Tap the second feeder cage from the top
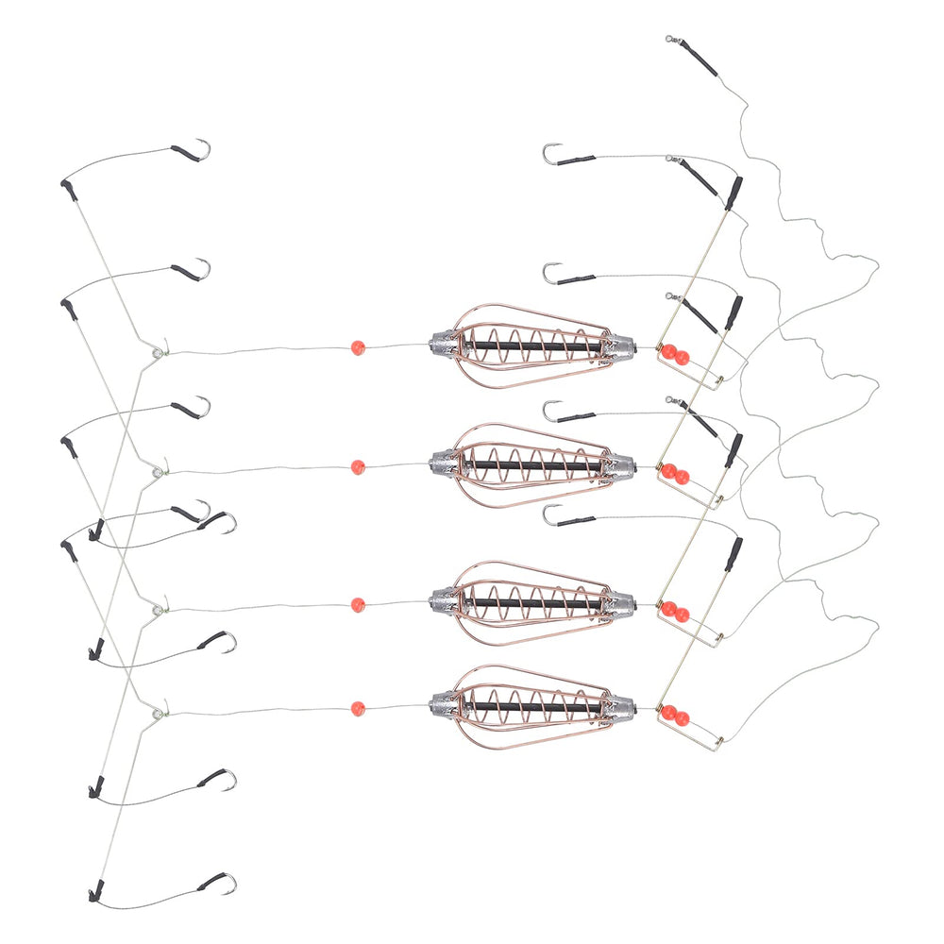click(x=529, y=463)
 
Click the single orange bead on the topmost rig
click(x=358, y=347)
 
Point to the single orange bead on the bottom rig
click(x=357, y=706)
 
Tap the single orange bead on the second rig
click(x=357, y=466)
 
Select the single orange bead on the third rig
click(x=357, y=604)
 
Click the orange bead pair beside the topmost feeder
click(x=675, y=355)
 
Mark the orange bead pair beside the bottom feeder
click(x=675, y=715)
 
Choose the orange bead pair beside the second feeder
click(x=675, y=474)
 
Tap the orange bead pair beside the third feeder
click(x=675, y=612)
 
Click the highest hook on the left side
click(x=200, y=150)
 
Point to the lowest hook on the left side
click(x=227, y=884)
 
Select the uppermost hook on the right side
click(x=550, y=153)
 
